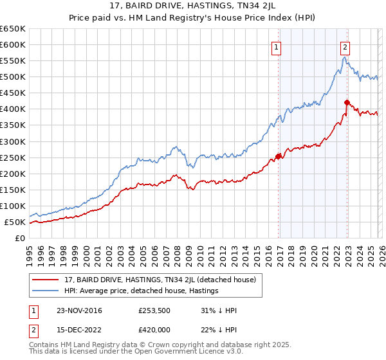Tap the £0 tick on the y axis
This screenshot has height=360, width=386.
(21, 239)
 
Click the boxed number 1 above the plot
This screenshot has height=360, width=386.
(276, 46)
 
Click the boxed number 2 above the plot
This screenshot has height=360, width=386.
(345, 46)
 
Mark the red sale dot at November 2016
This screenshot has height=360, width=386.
(279, 156)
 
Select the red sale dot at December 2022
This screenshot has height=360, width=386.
(347, 102)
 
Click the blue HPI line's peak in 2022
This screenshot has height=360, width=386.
(345, 57)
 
